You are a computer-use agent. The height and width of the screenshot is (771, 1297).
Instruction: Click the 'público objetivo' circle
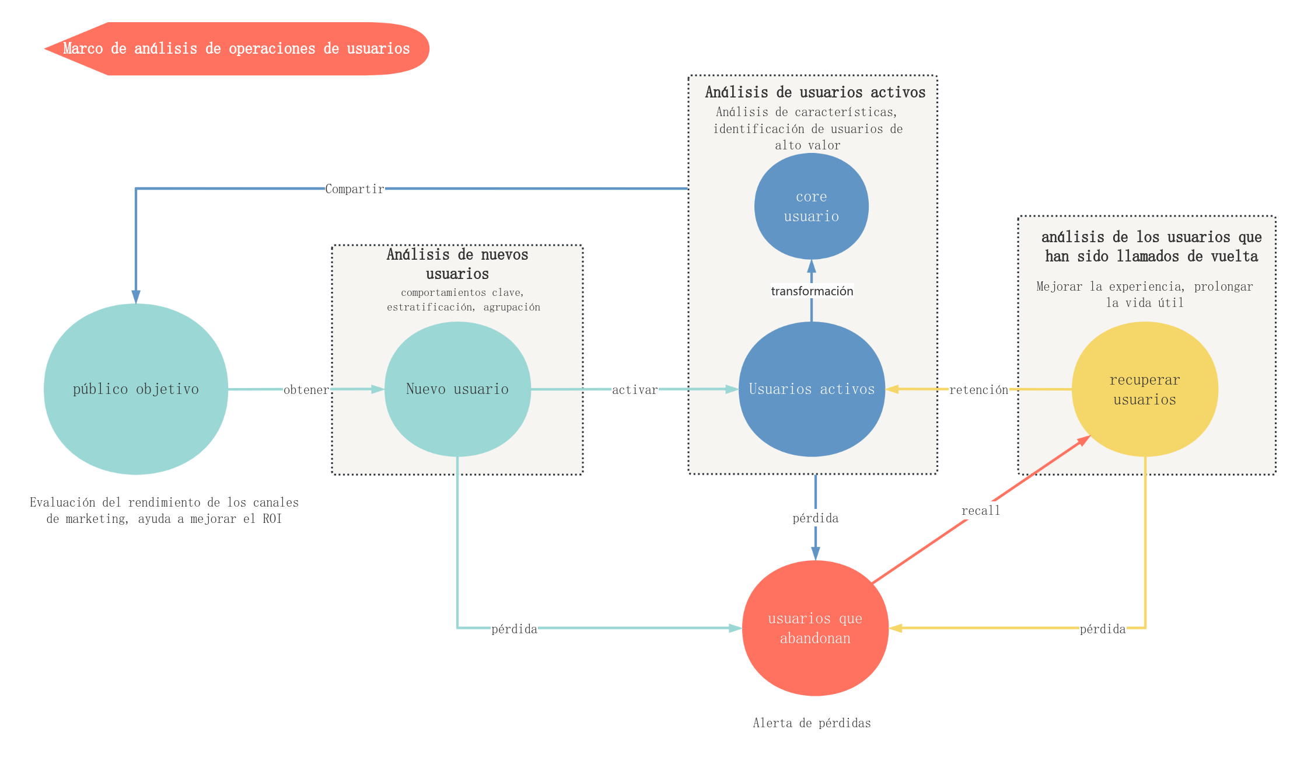(136, 389)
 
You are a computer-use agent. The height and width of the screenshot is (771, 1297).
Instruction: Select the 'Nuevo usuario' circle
(457, 389)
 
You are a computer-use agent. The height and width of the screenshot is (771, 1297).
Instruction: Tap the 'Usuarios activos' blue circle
(812, 389)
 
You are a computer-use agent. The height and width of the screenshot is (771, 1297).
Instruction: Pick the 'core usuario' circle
(812, 206)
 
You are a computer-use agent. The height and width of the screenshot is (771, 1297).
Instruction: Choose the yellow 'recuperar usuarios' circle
(1145, 389)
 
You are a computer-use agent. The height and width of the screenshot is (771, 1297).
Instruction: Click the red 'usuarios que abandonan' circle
(815, 628)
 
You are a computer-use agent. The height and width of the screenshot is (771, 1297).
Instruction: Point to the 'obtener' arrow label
(306, 390)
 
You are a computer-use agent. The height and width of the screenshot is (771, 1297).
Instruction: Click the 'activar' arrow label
(635, 390)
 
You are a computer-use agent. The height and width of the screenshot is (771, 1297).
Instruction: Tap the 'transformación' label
(812, 291)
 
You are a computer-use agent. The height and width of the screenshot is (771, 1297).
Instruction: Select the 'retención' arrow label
(978, 390)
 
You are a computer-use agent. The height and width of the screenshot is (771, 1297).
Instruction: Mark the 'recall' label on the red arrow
(981, 511)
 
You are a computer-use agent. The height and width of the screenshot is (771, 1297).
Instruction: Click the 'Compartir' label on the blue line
(355, 189)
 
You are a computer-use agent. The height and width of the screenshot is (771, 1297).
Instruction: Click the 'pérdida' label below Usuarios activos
(816, 518)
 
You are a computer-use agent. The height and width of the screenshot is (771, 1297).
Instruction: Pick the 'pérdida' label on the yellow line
(1103, 629)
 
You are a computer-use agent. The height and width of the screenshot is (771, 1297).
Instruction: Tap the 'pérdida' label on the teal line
(514, 629)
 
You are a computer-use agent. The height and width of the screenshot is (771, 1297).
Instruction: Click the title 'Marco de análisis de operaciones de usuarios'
(236, 48)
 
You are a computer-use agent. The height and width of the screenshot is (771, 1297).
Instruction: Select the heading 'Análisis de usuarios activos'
(815, 92)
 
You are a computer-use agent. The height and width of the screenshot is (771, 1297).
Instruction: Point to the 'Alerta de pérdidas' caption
(812, 723)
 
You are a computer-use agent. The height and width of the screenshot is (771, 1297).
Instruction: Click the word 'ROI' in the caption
(272, 519)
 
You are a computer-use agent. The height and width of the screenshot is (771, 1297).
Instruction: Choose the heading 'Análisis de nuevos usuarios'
(457, 264)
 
